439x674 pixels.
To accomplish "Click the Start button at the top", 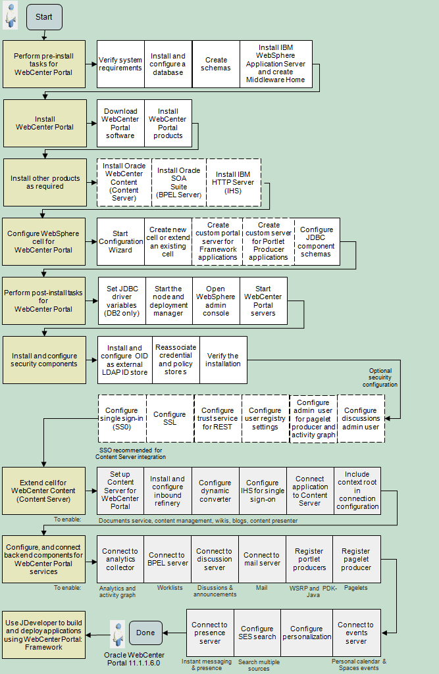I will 44,17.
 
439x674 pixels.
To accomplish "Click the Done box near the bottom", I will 145,633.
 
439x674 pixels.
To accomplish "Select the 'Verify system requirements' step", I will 120,64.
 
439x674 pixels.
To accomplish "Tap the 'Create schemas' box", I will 216,64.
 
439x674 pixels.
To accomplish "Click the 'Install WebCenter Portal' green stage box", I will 45,123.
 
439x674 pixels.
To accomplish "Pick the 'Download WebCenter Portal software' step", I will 120,123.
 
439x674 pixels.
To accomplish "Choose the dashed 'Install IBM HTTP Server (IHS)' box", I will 234,182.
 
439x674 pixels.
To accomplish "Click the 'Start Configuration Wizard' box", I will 120,241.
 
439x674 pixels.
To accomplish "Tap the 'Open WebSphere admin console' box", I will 216,301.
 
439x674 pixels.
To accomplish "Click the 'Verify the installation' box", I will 223,360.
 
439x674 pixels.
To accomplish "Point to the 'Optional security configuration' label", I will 383,377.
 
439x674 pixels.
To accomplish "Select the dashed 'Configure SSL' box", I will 170,418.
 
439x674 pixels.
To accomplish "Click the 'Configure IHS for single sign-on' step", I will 262,491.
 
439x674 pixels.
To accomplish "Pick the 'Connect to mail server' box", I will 262,559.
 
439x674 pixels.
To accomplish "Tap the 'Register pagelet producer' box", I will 356,559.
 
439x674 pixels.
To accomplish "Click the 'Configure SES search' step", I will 257,633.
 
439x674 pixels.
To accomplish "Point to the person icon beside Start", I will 11,16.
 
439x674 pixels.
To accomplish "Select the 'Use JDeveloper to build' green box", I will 45,634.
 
